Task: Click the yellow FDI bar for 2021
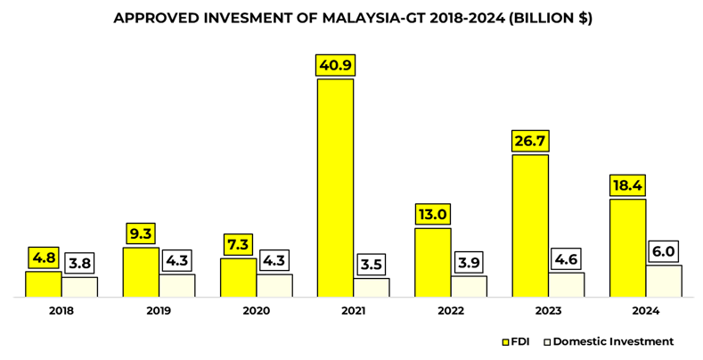(x=336, y=187)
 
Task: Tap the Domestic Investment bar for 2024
(x=664, y=281)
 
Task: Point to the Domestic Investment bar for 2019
(x=177, y=285)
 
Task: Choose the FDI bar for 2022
(x=433, y=262)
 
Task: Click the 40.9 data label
(x=336, y=65)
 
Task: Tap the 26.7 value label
(x=530, y=142)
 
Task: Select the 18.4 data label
(x=628, y=185)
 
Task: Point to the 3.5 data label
(x=372, y=265)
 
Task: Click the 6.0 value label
(x=664, y=251)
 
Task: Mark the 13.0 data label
(x=433, y=214)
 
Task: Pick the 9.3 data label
(x=141, y=233)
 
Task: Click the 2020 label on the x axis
(x=257, y=311)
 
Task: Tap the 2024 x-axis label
(x=646, y=311)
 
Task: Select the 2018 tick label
(x=61, y=311)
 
